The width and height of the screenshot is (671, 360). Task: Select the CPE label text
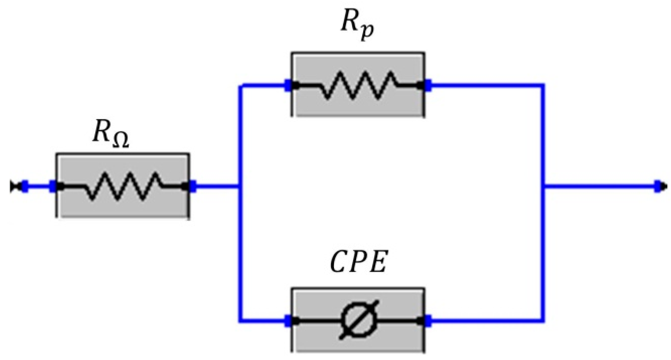click(x=358, y=263)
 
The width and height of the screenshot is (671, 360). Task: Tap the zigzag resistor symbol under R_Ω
click(x=123, y=186)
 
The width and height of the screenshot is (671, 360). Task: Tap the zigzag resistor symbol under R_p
click(x=358, y=85)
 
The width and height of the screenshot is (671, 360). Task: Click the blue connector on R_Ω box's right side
click(x=193, y=186)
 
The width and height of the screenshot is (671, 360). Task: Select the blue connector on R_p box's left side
click(x=288, y=85)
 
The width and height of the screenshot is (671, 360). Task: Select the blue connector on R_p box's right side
click(x=428, y=85)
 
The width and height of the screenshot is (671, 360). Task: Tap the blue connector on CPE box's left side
click(x=288, y=321)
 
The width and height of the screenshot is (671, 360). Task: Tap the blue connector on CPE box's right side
click(x=428, y=321)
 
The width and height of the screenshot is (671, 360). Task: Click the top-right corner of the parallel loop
click(x=543, y=86)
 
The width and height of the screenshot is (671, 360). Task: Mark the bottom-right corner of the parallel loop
click(x=543, y=320)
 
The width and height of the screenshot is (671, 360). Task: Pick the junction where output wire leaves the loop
click(x=543, y=186)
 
